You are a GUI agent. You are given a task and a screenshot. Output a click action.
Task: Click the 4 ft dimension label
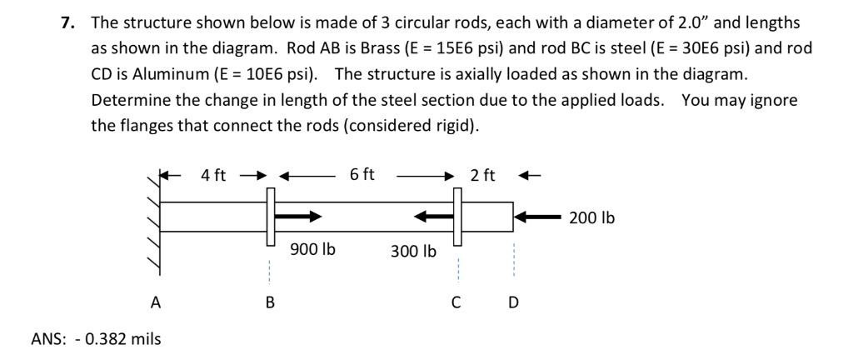(x=213, y=175)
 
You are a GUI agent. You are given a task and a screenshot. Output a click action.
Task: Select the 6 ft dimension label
(x=362, y=175)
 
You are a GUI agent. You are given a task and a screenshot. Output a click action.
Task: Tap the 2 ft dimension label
(x=482, y=175)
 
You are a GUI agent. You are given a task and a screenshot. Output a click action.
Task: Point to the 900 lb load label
(x=312, y=249)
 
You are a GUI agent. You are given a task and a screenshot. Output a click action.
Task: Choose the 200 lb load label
(x=592, y=218)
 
